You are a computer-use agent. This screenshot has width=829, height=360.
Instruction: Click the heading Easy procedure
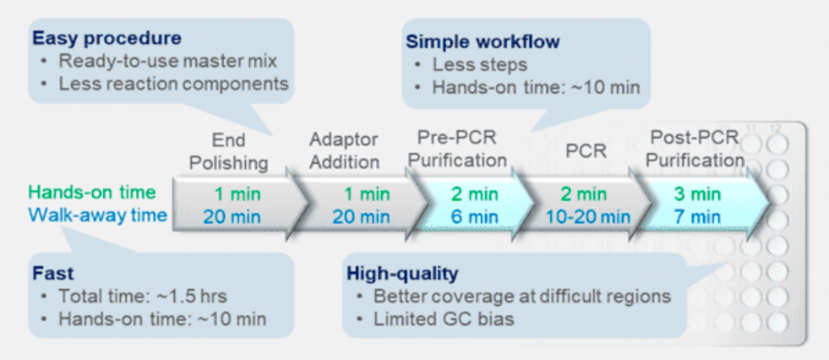point(106,38)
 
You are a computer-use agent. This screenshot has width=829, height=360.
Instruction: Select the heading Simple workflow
point(483,41)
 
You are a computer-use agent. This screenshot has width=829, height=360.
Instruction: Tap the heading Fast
point(53,273)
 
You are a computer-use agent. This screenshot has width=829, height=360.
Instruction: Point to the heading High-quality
point(402,274)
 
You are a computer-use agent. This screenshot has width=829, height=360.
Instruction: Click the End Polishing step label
point(228,152)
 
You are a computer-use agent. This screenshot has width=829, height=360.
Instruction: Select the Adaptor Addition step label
point(344,151)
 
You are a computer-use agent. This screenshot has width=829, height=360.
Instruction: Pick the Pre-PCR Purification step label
point(458,149)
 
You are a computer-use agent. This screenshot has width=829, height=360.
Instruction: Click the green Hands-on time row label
point(92,193)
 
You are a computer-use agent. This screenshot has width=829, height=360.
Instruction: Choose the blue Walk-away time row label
point(98,215)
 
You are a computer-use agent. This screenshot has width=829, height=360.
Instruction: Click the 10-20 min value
point(584,216)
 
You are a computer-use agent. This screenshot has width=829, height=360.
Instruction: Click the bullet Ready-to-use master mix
point(167,61)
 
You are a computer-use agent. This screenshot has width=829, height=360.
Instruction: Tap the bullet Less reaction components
point(173,84)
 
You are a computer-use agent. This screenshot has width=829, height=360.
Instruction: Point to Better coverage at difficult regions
point(522,297)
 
